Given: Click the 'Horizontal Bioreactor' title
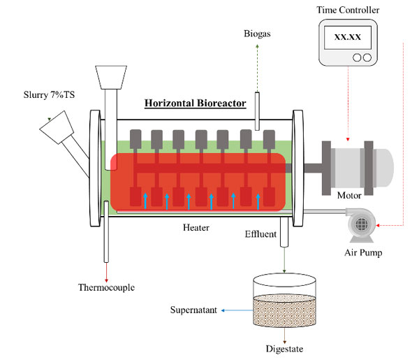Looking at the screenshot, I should (x=195, y=103).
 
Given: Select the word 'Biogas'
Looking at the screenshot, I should (x=258, y=33).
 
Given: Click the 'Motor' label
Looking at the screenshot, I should (x=348, y=196).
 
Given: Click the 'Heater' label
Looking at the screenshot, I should (x=197, y=228).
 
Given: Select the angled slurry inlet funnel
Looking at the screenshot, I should (x=59, y=130).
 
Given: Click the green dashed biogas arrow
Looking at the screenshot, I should (x=258, y=66).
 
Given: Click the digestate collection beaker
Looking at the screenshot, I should (x=284, y=303).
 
